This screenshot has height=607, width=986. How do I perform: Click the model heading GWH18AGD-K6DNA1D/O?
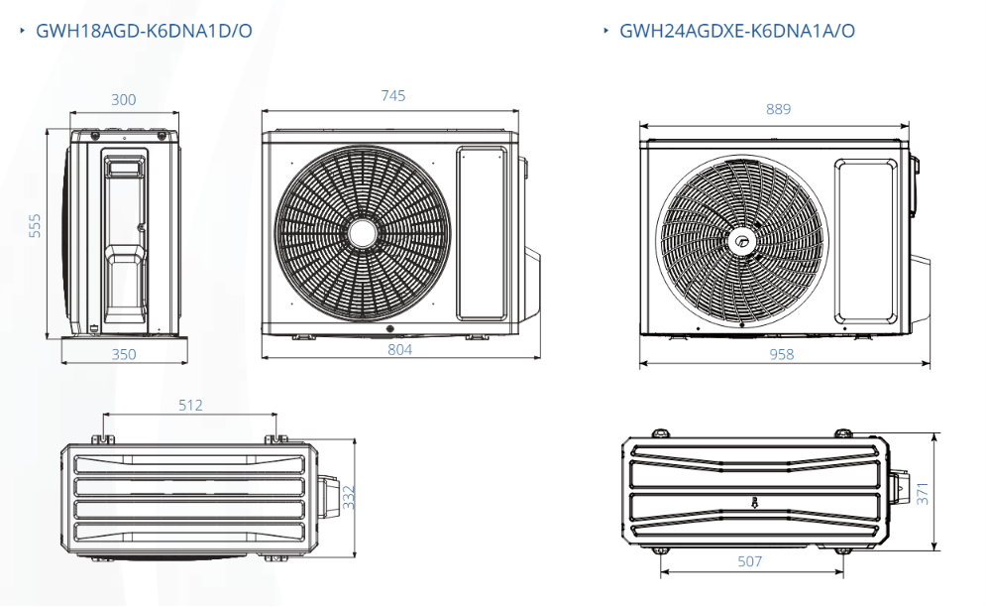pyautogui.click(x=144, y=31)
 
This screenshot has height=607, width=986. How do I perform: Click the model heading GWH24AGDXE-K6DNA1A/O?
pyautogui.click(x=737, y=31)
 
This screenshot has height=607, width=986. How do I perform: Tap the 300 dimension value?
pyautogui.click(x=123, y=99)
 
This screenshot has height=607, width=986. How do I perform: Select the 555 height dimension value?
pyautogui.click(x=35, y=225)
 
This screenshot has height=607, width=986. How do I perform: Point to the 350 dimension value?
pyautogui.click(x=124, y=354)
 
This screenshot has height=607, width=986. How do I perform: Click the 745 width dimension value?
pyautogui.click(x=393, y=95)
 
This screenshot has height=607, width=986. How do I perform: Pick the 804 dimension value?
pyautogui.click(x=400, y=350)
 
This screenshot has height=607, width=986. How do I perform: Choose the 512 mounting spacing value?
pyautogui.click(x=190, y=406)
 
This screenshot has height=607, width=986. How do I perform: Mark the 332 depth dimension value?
pyautogui.click(x=349, y=497)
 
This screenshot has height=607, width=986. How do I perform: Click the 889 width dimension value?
pyautogui.click(x=779, y=109)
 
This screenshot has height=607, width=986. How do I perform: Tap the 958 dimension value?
pyautogui.click(x=782, y=354)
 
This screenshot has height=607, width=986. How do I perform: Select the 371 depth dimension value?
pyautogui.click(x=922, y=493)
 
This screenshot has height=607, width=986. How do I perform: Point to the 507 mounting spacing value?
pyautogui.click(x=749, y=561)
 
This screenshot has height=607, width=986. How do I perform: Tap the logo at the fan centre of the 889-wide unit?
pyautogui.click(x=741, y=241)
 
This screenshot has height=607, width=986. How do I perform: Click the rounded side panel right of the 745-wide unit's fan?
pyautogui.click(x=482, y=234)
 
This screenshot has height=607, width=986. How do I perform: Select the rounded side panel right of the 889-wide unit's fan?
pyautogui.click(x=866, y=241)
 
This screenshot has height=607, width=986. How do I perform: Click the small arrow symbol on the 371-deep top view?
pyautogui.click(x=754, y=502)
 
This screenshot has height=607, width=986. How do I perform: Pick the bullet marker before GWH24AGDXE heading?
pyautogui.click(x=605, y=30)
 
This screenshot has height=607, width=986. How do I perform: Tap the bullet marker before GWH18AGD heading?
pyautogui.click(x=22, y=30)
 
